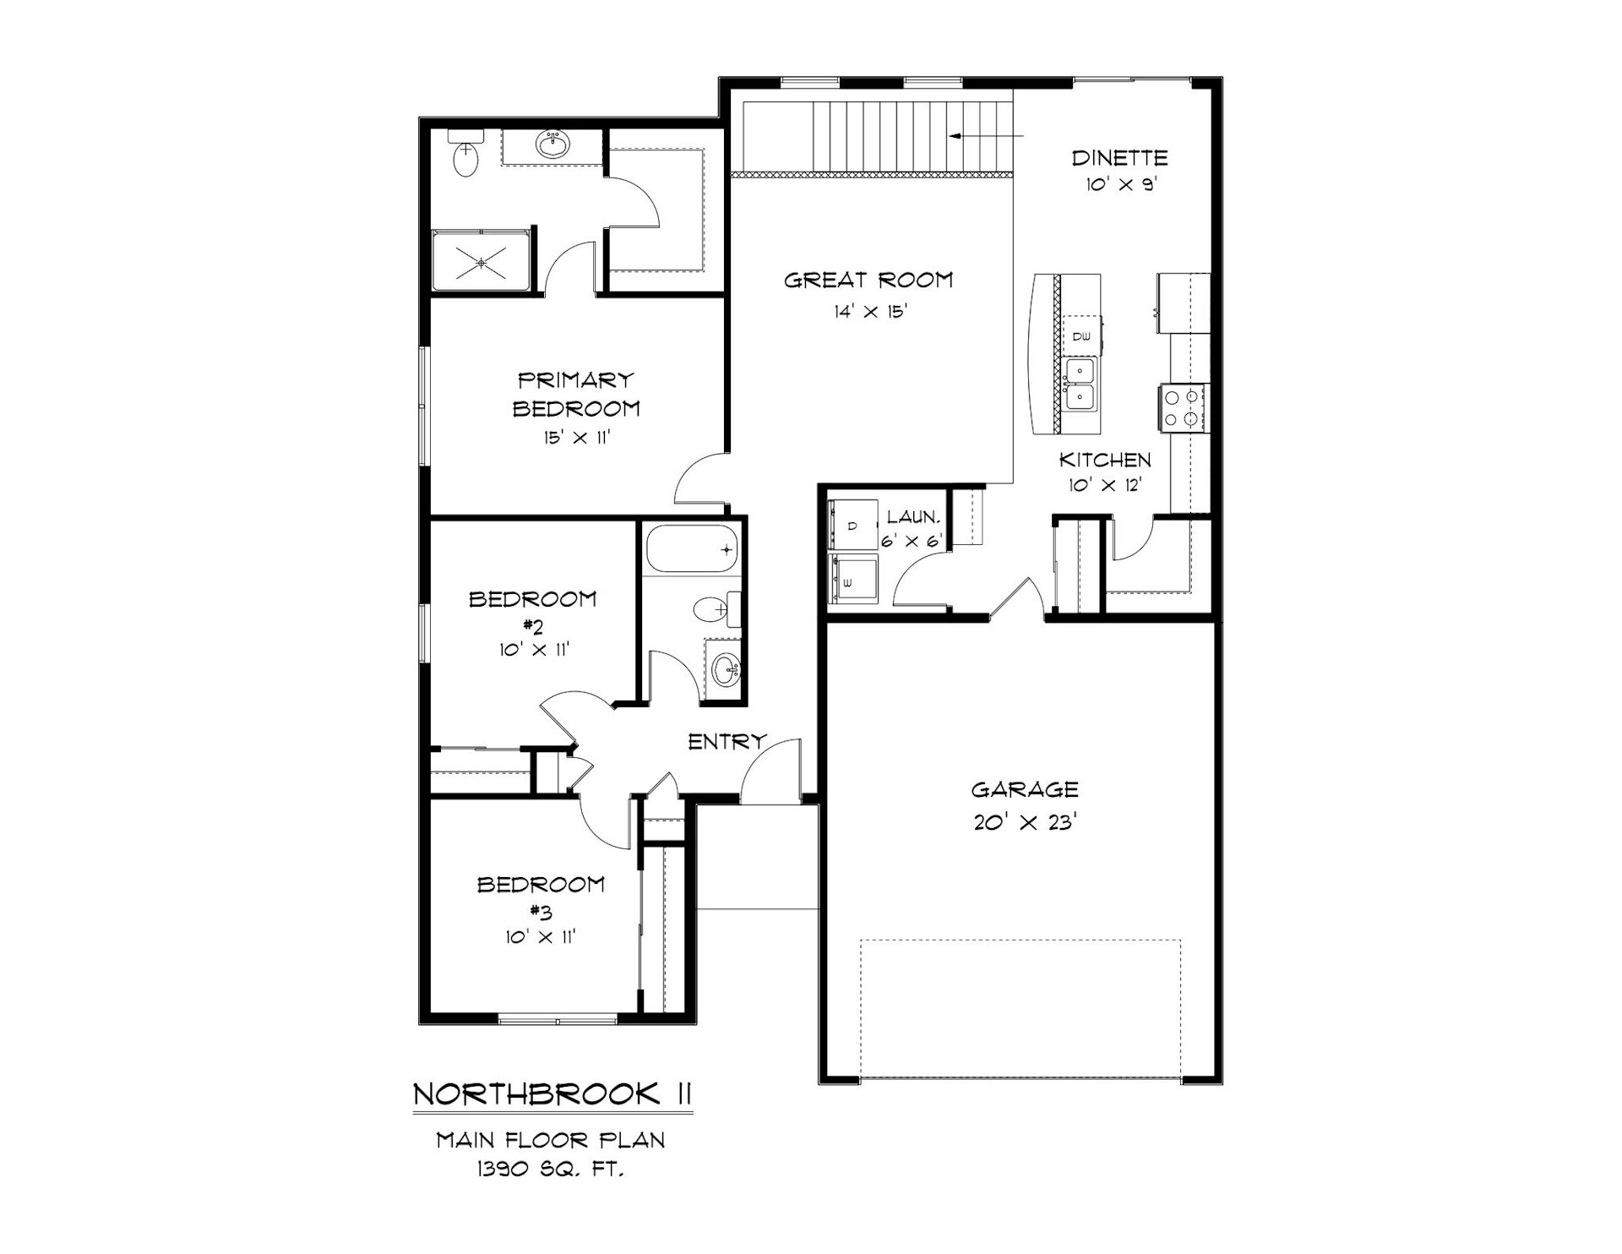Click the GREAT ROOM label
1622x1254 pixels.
coord(868,280)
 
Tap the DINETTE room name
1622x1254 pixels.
coord(1119,157)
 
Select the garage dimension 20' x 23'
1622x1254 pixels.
coord(1024,821)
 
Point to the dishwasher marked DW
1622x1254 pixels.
coord(1082,335)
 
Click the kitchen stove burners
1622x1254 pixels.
coord(1184,407)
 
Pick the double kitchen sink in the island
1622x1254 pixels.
coord(1081,384)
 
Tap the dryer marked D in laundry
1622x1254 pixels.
coord(852,526)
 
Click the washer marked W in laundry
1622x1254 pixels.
coord(852,581)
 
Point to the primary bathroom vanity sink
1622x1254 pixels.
coord(553,144)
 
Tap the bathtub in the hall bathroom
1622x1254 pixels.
coord(693,549)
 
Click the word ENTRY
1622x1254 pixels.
coord(727,742)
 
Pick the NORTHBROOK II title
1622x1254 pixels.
coord(552,1093)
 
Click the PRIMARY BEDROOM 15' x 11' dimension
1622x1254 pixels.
coord(577,438)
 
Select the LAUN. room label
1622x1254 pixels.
coord(912,517)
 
